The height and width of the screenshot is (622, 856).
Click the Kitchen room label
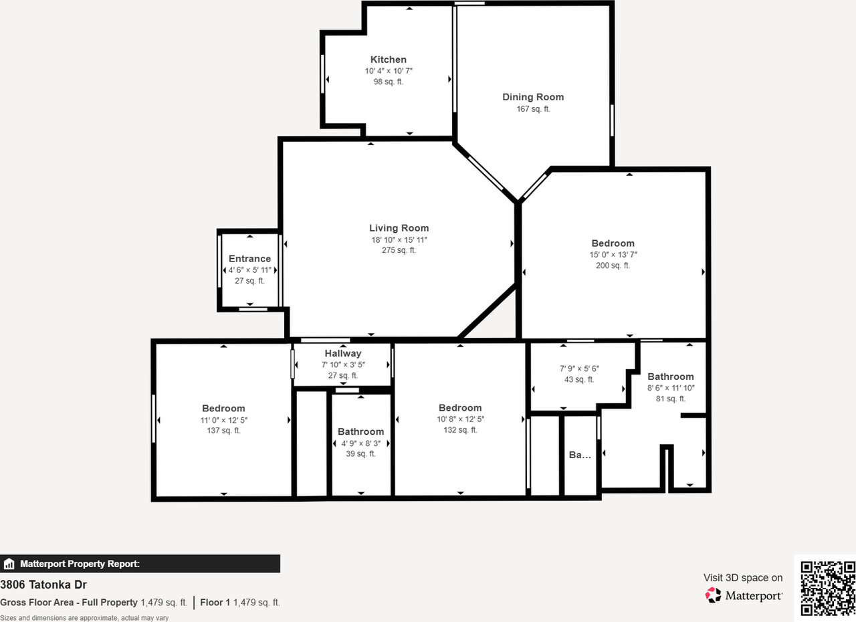tap(388, 60)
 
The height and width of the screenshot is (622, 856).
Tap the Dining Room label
tap(533, 97)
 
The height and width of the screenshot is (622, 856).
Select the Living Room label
tap(399, 228)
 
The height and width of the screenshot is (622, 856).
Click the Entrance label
tap(249, 259)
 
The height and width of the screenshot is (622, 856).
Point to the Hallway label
tap(343, 353)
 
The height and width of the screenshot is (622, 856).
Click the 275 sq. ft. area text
tap(399, 250)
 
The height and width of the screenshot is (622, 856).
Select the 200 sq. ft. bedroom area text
tap(613, 266)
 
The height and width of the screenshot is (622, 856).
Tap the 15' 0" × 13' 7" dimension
tap(613, 255)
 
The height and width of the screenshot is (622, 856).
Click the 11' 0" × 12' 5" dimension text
tap(223, 420)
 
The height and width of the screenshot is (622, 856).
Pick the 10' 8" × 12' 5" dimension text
tap(460, 419)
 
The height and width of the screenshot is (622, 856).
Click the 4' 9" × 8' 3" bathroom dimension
tap(361, 443)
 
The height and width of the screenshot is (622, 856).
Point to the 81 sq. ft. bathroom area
tap(670, 399)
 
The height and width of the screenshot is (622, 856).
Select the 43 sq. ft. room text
tap(579, 379)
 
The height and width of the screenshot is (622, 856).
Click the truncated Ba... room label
tap(580, 455)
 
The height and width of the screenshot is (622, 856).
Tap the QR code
tap(827, 588)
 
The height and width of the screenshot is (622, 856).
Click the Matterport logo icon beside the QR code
tap(713, 595)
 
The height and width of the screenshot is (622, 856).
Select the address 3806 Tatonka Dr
tap(43, 585)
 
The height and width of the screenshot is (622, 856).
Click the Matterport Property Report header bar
tap(140, 564)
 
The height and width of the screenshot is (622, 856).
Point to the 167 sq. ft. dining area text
tap(533, 108)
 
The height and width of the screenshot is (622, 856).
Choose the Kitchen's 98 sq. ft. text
tap(388, 82)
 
